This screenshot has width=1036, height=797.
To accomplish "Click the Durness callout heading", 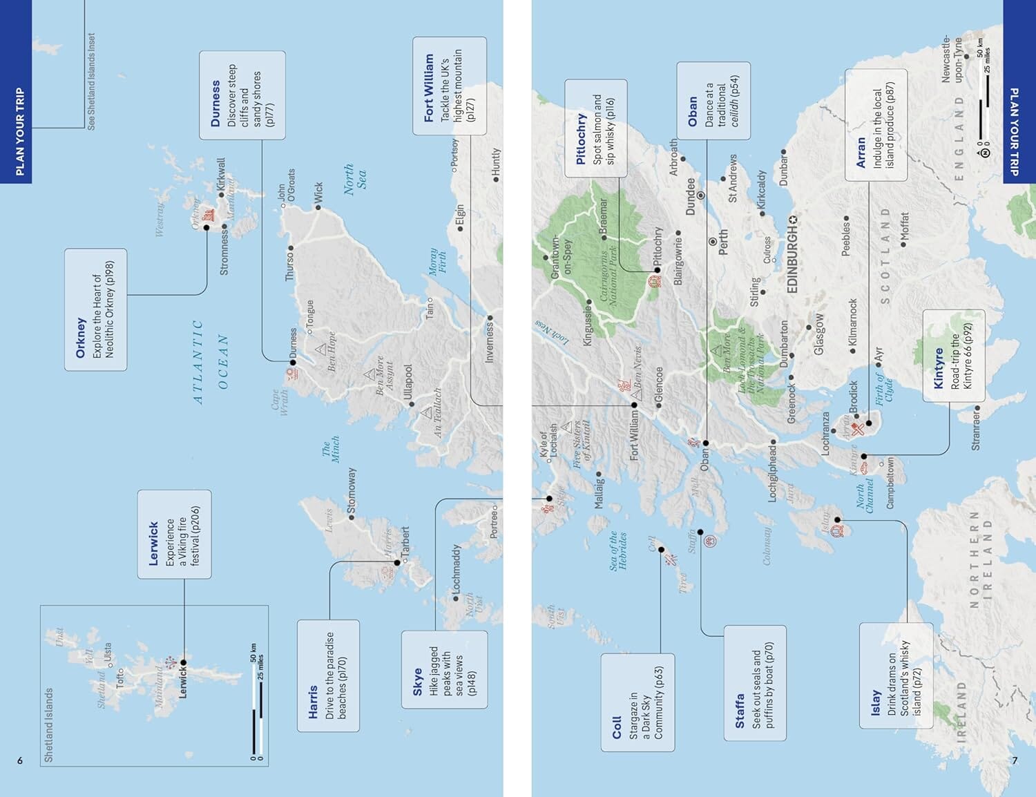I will click(x=215, y=104).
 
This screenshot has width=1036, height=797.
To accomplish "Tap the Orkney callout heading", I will click(x=81, y=337).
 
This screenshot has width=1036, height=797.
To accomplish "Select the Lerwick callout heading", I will click(x=153, y=544).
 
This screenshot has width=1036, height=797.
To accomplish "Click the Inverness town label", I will click(x=490, y=342).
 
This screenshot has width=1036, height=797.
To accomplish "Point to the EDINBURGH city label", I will click(x=792, y=259).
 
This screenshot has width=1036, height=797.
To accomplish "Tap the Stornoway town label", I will click(x=352, y=491).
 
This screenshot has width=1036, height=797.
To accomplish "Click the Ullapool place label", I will click(x=407, y=386).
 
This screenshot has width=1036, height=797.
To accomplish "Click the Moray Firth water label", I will click(x=438, y=262).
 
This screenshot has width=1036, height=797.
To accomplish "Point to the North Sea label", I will click(x=355, y=180).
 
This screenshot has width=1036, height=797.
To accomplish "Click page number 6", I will click(x=20, y=760).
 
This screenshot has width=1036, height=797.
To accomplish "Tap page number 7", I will click(x=1014, y=760).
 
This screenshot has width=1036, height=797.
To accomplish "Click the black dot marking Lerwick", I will click(x=184, y=662).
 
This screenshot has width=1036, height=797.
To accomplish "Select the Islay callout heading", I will click(x=875, y=702).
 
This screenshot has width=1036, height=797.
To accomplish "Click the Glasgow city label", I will click(x=819, y=334).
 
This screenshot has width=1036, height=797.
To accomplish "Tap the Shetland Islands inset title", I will click(x=48, y=724).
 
